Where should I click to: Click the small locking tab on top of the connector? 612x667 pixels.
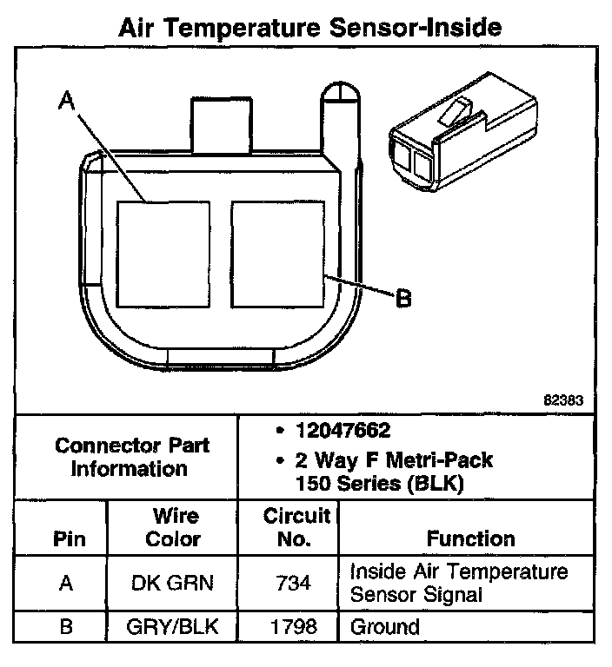[219, 127]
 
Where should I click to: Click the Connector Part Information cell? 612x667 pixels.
[131, 457]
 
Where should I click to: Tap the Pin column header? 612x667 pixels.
[69, 539]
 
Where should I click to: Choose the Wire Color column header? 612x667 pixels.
[172, 527]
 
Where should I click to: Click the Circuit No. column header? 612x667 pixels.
[297, 527]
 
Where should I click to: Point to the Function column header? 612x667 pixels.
[470, 539]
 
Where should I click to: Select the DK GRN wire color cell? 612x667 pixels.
[172, 583]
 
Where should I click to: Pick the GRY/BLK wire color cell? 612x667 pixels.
[172, 626]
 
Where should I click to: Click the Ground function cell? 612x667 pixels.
[384, 626]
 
